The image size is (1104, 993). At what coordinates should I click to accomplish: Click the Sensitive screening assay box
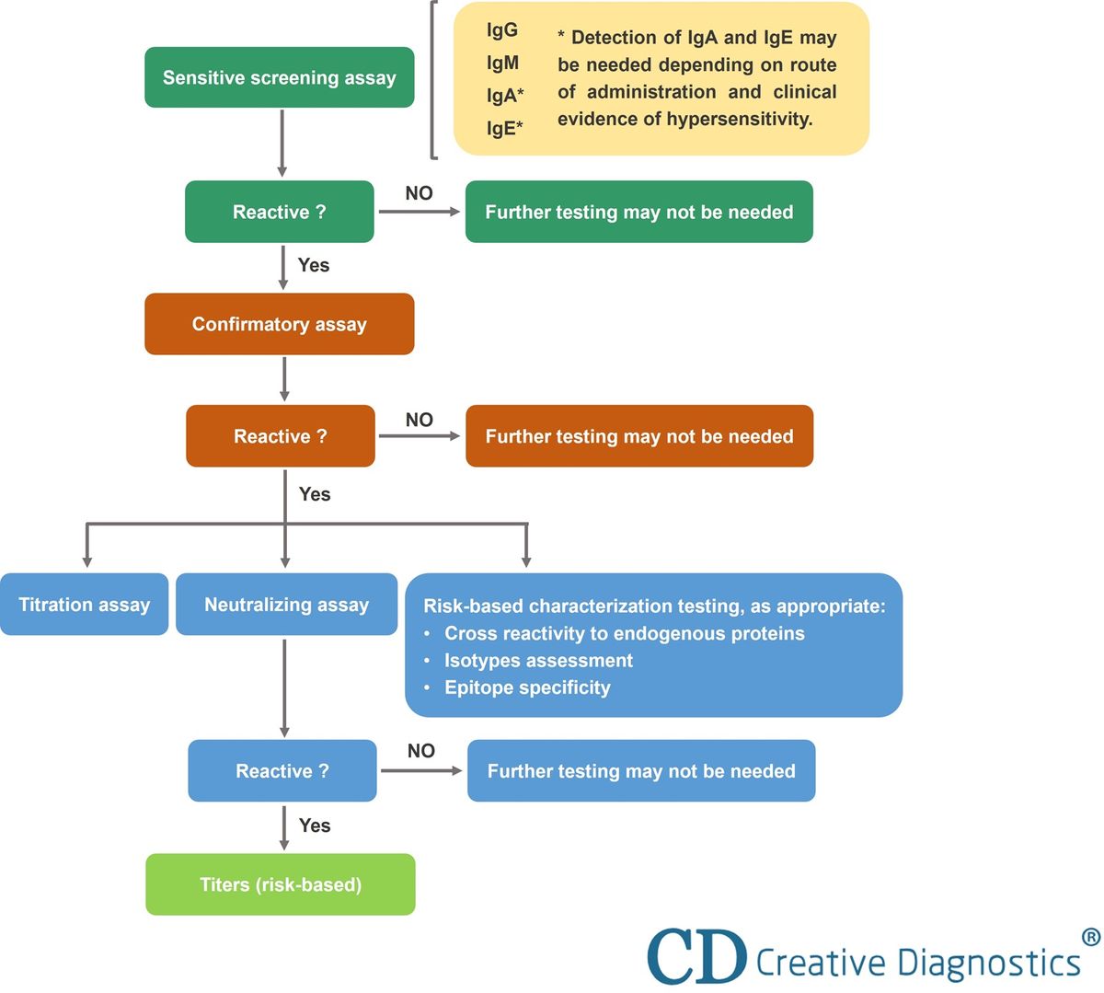(279, 77)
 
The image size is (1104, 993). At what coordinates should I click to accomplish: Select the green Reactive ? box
(279, 212)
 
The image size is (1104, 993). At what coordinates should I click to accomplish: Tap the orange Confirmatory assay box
(279, 324)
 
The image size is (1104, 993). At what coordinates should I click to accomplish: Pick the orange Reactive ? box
(280, 436)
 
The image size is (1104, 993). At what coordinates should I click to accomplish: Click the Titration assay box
(84, 605)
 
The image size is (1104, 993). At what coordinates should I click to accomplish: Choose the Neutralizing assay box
(286, 605)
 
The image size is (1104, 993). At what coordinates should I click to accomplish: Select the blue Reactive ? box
(282, 771)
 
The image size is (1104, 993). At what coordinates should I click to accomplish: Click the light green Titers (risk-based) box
(280, 884)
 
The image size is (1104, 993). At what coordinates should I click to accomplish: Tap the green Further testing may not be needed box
(638, 212)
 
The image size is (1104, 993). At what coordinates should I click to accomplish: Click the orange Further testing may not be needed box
(638, 436)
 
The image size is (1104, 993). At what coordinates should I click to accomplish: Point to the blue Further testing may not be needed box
(640, 771)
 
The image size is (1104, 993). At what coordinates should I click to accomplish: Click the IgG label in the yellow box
(502, 30)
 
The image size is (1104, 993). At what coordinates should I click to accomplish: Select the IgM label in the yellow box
(502, 64)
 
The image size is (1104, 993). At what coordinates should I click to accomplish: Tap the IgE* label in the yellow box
(505, 128)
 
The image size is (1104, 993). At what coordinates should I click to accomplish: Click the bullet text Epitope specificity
(527, 687)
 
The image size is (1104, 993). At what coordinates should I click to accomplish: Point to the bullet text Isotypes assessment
(538, 661)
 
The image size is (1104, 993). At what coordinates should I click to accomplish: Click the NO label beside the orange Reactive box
(419, 420)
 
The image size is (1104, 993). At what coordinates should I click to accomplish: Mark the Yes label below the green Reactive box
(313, 265)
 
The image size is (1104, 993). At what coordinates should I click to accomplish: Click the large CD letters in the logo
(696, 957)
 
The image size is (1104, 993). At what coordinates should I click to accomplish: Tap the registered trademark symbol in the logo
(1090, 937)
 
